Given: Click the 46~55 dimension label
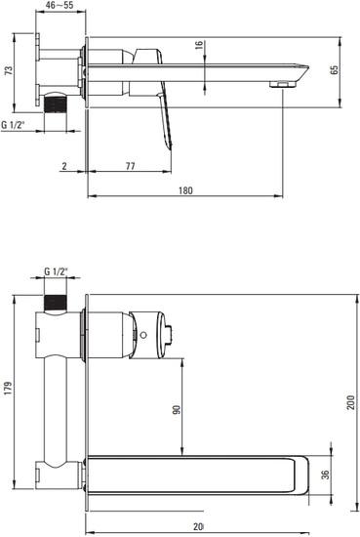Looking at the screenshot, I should [x=61, y=7].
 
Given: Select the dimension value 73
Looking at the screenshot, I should [x=7, y=72].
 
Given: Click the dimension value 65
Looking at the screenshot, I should [x=335, y=70].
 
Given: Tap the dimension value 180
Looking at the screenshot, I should [x=185, y=192].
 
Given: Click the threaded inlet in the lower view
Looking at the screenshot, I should [x=59, y=300].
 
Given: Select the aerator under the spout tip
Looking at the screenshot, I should [x=283, y=86].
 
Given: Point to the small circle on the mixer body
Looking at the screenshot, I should [x=142, y=335].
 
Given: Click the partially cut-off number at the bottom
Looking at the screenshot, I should [x=198, y=528].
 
